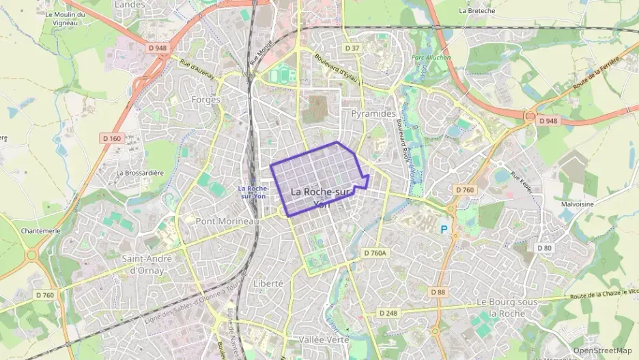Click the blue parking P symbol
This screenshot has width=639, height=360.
[x=445, y=230]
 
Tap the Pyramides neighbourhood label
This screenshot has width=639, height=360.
[x=373, y=113]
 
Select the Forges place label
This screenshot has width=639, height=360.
[x=206, y=99]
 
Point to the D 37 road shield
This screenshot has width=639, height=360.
[x=352, y=49]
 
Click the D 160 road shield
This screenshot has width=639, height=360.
[x=111, y=138]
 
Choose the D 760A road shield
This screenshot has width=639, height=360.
[x=374, y=253]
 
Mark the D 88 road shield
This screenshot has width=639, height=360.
[x=438, y=292]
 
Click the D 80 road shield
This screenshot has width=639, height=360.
[x=543, y=247]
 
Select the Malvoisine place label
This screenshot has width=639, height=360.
[x=577, y=204]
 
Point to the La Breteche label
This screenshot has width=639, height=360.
[x=477, y=11]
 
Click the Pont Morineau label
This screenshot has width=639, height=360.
[x=227, y=221]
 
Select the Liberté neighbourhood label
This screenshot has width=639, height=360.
[x=268, y=283]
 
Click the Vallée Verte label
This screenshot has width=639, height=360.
[x=324, y=340]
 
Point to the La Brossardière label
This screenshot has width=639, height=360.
[x=140, y=173]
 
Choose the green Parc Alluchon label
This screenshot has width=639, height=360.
[x=428, y=57]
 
